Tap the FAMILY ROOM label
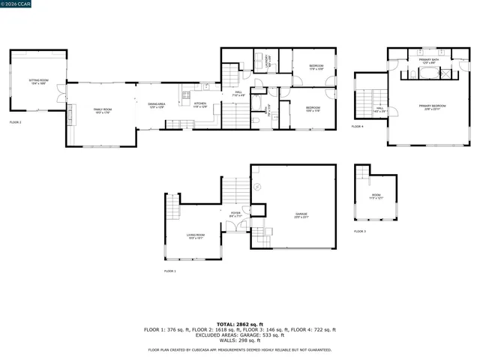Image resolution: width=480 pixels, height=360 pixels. [102, 111]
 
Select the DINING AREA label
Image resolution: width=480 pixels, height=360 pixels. [157, 106]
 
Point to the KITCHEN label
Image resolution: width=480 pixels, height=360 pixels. [200, 105]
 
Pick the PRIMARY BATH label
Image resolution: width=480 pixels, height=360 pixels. [429, 60]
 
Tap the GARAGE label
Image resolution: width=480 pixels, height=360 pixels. [301, 216]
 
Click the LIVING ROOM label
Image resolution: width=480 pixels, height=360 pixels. [196, 236]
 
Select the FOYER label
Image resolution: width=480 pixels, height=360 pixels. [235, 214]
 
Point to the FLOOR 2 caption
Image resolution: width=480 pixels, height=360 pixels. [16, 121]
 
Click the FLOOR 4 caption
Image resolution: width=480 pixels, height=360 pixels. [358, 127]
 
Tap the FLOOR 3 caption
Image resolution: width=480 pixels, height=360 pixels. [360, 231]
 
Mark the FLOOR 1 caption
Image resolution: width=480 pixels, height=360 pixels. [169, 270]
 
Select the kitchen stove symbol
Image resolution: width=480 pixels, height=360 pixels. [184, 95]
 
